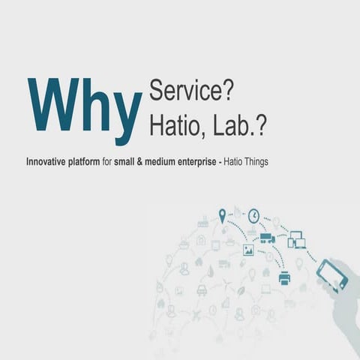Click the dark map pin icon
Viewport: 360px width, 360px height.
pyautogui.click(x=222, y=216)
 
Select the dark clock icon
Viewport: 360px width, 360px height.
pyautogui.click(x=253, y=214)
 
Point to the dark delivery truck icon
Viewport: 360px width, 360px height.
pyautogui.click(x=268, y=239)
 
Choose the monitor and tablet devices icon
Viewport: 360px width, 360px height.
pyautogui.click(x=297, y=239)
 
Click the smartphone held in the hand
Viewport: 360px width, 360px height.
pyautogui.click(x=333, y=274)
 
